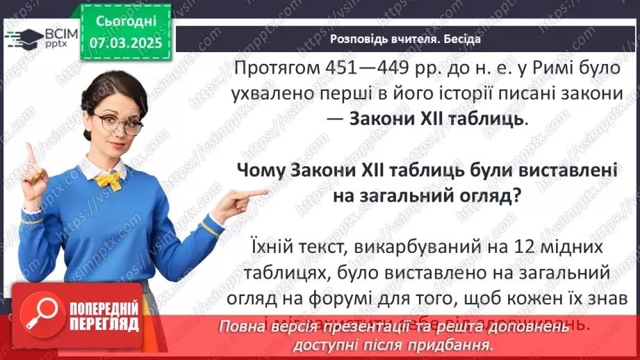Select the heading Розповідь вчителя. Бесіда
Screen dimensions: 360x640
[x=405, y=38]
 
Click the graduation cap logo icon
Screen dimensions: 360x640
[x=22, y=37]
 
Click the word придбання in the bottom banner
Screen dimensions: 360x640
[x=458, y=345]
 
